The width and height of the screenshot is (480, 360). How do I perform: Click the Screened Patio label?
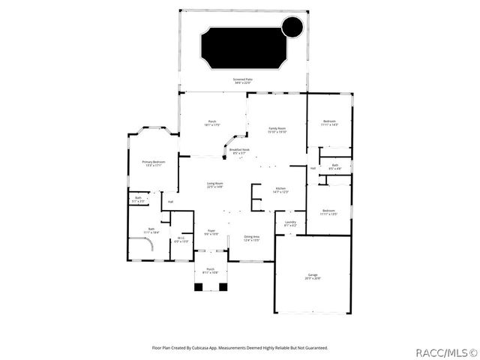(242, 78)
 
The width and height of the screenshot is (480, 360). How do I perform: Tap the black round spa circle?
(291, 28)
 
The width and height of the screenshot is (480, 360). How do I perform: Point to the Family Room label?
(278, 130)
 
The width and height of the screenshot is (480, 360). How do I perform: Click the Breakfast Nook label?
(239, 151)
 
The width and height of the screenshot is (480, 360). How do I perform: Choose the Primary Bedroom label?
(153, 163)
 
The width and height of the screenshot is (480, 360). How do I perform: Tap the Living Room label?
(214, 184)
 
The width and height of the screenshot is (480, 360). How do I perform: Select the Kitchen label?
(280, 190)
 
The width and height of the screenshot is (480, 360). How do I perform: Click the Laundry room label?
(290, 223)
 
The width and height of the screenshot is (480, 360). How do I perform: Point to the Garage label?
(313, 276)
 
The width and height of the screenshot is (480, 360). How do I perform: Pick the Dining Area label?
(251, 238)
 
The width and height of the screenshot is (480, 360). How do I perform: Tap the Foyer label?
(211, 232)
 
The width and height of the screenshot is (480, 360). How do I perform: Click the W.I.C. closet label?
(181, 241)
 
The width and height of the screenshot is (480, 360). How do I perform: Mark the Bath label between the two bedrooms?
(335, 166)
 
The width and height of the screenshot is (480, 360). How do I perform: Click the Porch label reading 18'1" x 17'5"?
(212, 123)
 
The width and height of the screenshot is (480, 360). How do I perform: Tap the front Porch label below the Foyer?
(211, 271)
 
